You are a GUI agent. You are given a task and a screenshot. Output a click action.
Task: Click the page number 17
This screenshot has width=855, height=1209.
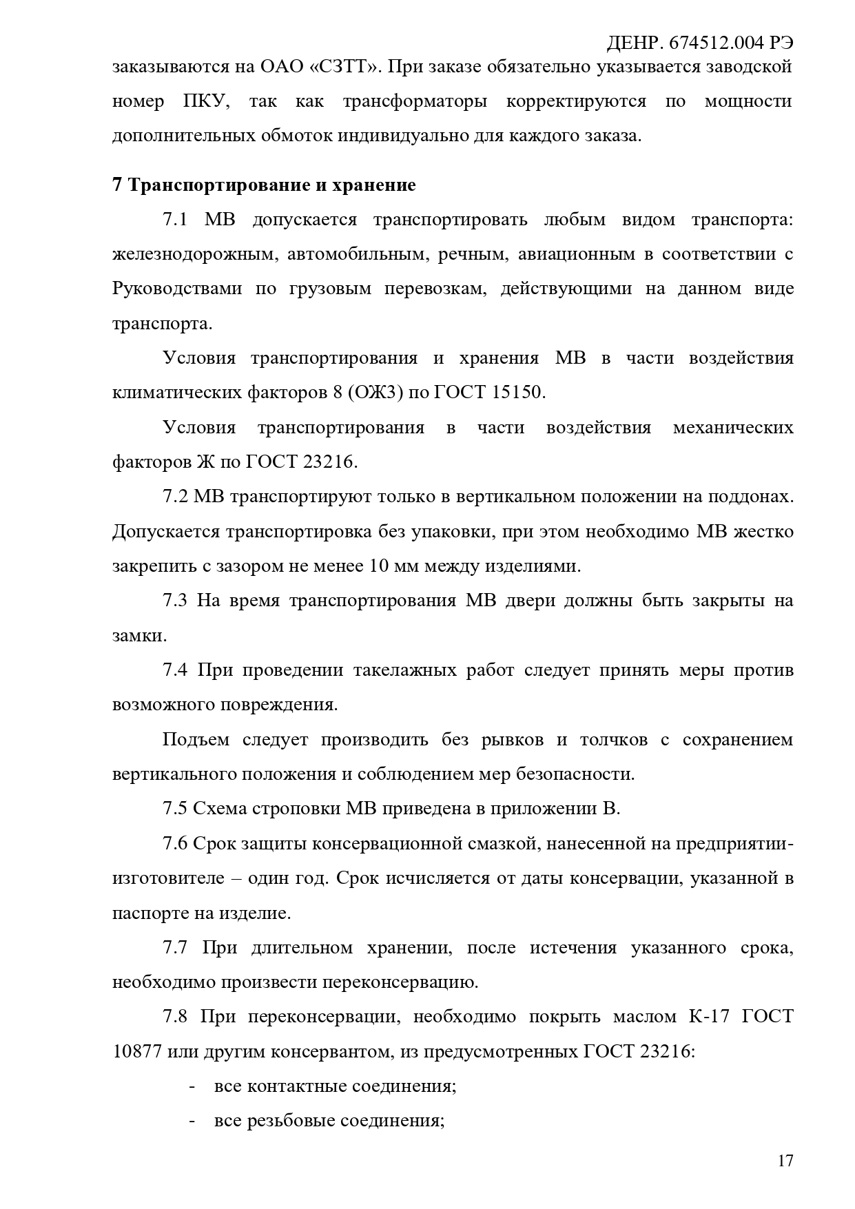785,1161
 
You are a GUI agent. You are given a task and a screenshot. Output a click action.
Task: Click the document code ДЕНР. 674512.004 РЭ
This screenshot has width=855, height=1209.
699,43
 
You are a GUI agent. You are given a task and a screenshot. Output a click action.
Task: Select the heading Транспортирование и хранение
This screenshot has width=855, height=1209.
272,185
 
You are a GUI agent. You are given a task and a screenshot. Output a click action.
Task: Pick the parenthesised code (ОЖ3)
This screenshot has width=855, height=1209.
376,393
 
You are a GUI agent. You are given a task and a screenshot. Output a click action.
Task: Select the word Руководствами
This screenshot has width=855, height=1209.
176,289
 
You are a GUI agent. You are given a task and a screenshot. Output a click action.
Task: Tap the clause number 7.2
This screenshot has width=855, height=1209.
175,496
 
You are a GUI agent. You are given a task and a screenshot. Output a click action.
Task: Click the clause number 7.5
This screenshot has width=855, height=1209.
175,808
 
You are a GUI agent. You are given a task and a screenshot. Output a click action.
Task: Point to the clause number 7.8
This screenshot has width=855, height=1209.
175,1016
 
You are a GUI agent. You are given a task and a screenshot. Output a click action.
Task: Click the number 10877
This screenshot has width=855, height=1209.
137,1051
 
